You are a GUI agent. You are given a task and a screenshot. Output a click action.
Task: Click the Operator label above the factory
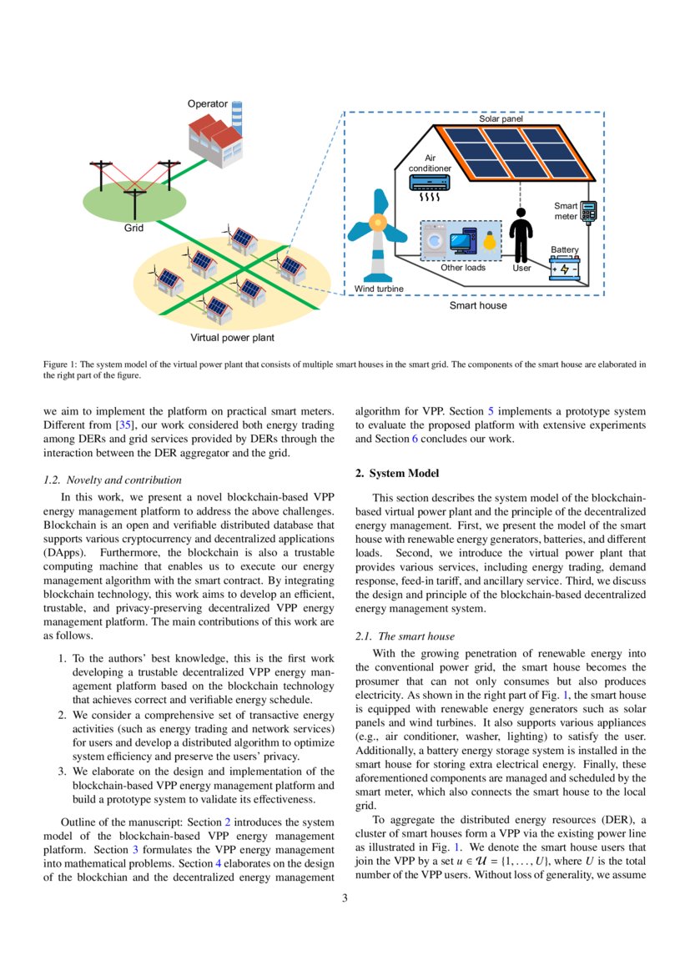point(207,103)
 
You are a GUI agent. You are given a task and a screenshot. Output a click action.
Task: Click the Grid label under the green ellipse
point(134,227)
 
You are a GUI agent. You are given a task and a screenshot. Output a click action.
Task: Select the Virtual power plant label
point(232,338)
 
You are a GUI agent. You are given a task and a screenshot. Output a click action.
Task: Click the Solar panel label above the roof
point(501,119)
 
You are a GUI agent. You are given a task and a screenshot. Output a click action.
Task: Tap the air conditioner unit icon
point(430,183)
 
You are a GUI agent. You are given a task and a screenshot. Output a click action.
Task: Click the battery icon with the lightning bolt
point(565,269)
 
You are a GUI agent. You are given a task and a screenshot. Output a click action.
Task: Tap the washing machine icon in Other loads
point(435,240)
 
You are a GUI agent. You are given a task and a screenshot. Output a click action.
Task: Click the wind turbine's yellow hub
point(378,224)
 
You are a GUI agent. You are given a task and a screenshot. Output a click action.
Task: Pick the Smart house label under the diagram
point(478,305)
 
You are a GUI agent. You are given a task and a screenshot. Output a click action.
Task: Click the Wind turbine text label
point(379,289)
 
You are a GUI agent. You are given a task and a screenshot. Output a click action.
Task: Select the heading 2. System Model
point(397,474)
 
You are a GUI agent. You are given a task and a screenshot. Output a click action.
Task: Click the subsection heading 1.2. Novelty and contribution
point(112,480)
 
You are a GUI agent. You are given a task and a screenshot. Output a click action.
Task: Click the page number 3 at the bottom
point(345,897)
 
